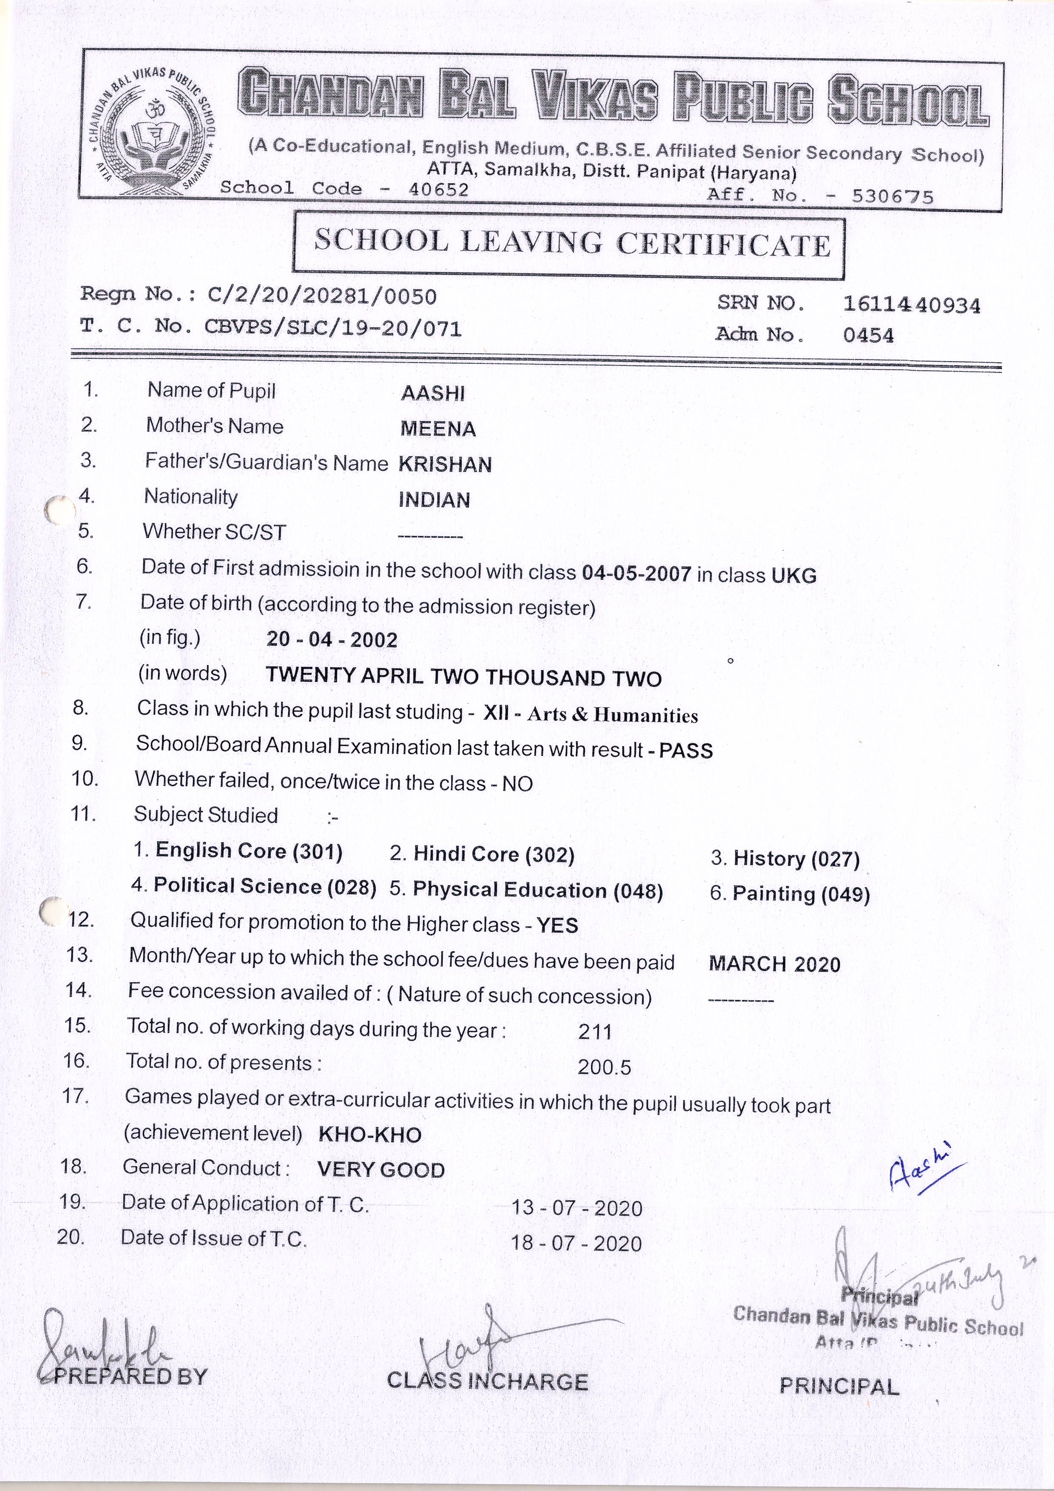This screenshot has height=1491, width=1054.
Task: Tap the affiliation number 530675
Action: pyautogui.click(x=893, y=196)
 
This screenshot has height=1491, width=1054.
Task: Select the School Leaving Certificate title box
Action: pyautogui.click(x=569, y=244)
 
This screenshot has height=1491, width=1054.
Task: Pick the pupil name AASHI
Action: pyautogui.click(x=433, y=393)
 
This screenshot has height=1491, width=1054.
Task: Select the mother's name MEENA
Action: pyautogui.click(x=438, y=428)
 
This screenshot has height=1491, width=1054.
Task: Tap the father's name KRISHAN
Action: pyautogui.click(x=445, y=464)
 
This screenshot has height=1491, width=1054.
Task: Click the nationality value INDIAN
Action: pyautogui.click(x=434, y=500)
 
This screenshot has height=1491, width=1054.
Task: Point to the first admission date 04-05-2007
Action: pyautogui.click(x=636, y=573)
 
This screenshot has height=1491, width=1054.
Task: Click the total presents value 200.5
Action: pyautogui.click(x=604, y=1067)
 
